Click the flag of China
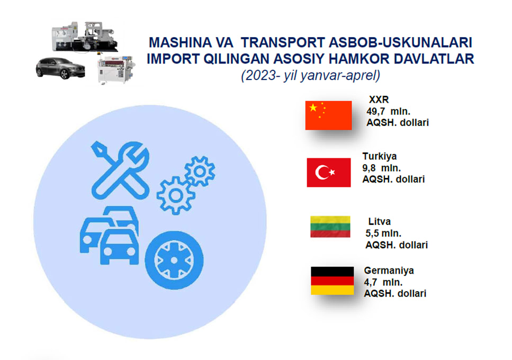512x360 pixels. [328, 115]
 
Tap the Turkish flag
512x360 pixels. [329, 173]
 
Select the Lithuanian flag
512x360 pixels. [330, 227]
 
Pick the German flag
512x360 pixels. [332, 281]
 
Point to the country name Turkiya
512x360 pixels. [380, 156]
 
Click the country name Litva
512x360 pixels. [379, 222]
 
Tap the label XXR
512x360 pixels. [379, 100]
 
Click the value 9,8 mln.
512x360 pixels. [381, 168]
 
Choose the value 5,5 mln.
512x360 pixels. [383, 233]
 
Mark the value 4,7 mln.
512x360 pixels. [383, 282]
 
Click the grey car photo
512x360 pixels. [60, 68]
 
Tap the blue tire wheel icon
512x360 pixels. [174, 260]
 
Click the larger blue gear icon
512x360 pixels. [176, 195]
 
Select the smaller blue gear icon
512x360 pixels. [200, 172]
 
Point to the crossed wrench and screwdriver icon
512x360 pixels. [120, 170]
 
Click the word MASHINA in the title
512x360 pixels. [176, 42]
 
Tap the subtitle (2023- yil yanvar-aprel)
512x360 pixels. [310, 75]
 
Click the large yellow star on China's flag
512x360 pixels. [313, 107]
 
